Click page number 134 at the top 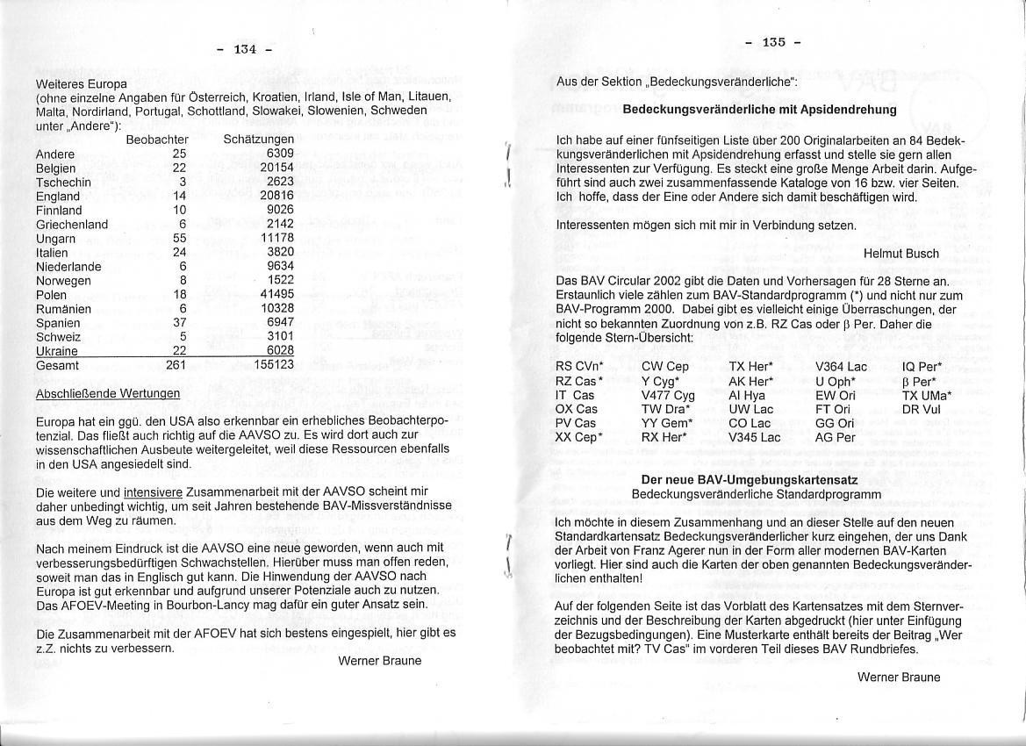coord(244,50)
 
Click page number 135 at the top coord(773,42)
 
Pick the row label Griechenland coord(72,225)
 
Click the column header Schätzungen coord(259,140)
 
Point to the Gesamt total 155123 coord(273,365)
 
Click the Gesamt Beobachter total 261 coord(176,365)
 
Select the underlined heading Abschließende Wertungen coord(108,394)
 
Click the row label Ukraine coord(57,351)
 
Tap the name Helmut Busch coord(901,254)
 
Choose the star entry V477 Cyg coord(668,395)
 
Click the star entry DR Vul coord(921,409)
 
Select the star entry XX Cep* coord(580,437)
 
